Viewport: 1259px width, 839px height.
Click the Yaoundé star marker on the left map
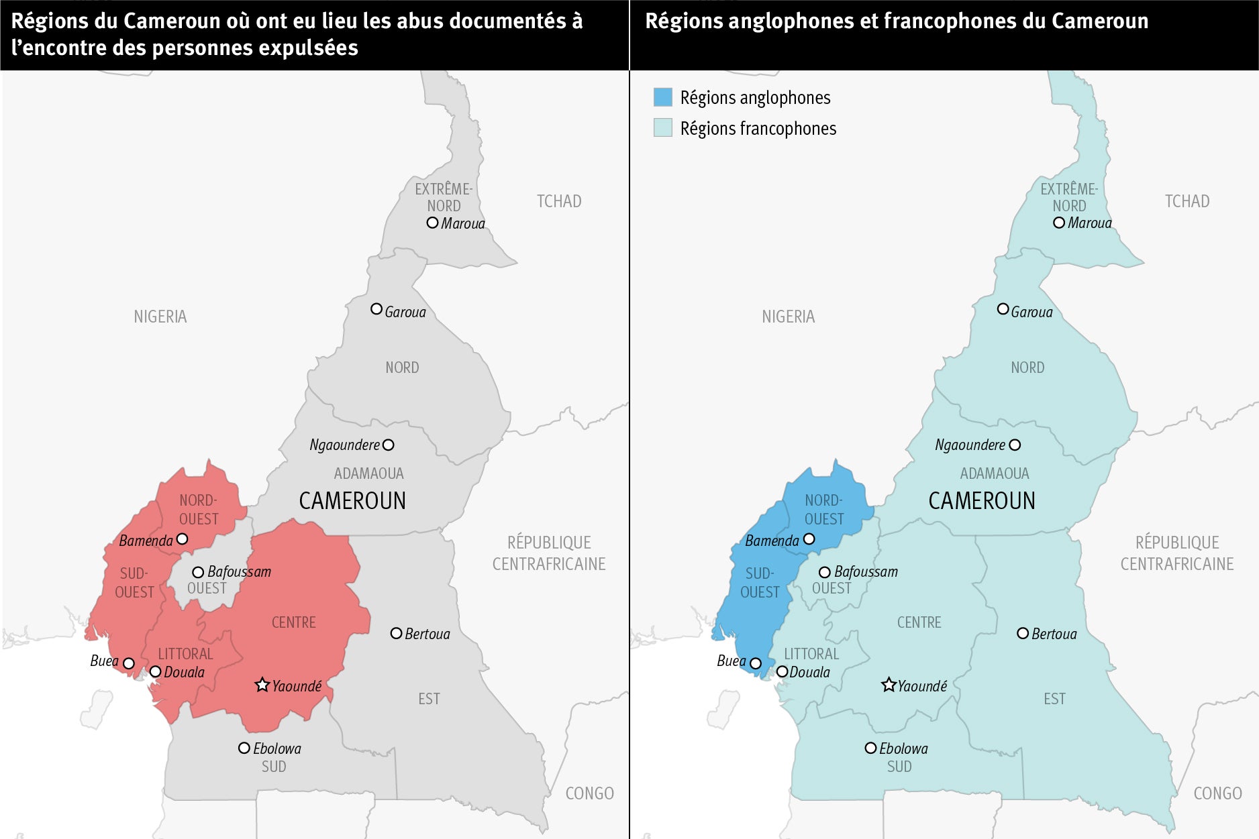click(x=262, y=685)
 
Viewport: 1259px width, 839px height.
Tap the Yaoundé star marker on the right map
click(x=889, y=685)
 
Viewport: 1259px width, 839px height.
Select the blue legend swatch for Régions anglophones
click(x=662, y=97)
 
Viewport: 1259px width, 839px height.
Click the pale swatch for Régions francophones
click(x=662, y=128)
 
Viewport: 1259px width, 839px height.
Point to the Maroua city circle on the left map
click(x=433, y=223)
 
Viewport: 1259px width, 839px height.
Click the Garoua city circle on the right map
click(x=1003, y=309)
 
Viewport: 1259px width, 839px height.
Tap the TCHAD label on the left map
click(x=558, y=201)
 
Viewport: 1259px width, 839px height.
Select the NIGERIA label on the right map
click(x=788, y=317)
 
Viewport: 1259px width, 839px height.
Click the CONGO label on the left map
click(x=589, y=793)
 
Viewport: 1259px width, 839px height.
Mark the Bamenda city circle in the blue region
click(x=809, y=539)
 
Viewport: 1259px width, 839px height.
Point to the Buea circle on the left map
click(x=129, y=663)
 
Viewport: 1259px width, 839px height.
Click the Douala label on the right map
click(x=809, y=672)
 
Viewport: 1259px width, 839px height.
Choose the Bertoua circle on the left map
click(x=396, y=633)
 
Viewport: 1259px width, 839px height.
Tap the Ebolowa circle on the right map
click(x=870, y=748)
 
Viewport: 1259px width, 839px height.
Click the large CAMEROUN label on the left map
click(x=352, y=501)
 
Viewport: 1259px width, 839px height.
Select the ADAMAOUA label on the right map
click(x=994, y=473)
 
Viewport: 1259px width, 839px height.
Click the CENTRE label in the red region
click(x=293, y=622)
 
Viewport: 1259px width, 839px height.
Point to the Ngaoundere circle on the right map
click(x=1015, y=445)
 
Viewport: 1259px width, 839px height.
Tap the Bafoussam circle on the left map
click(x=198, y=572)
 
